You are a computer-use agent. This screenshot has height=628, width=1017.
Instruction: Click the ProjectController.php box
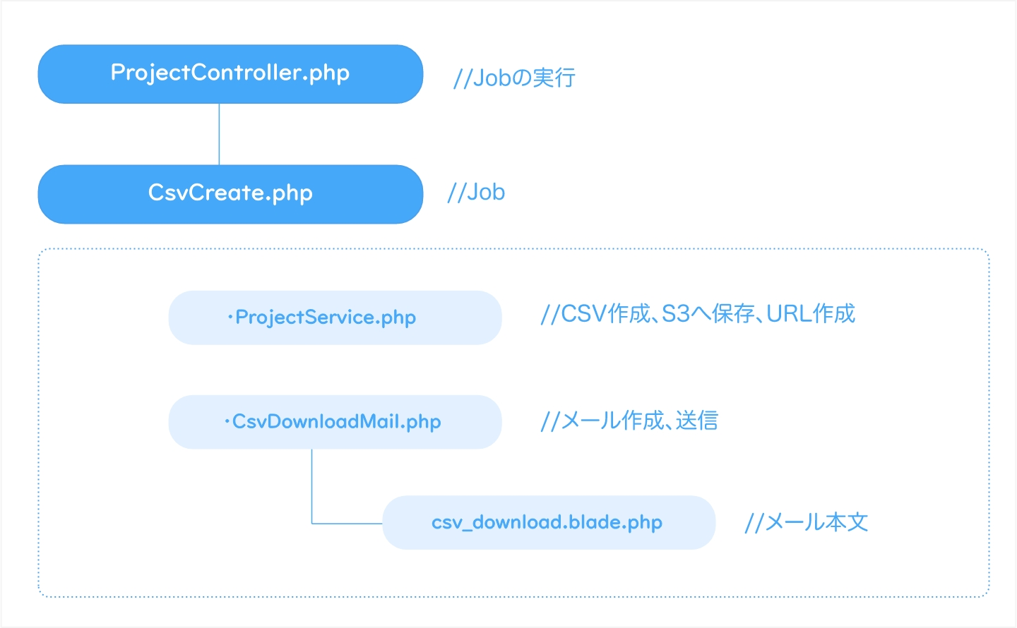230,74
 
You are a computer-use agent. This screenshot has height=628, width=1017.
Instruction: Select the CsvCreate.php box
230,194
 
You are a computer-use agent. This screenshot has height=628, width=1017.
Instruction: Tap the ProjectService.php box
335,318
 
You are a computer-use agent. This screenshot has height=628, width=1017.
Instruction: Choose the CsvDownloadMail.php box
335,422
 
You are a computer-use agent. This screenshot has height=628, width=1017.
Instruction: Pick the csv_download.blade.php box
549,522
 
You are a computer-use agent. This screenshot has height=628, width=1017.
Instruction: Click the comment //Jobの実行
514,78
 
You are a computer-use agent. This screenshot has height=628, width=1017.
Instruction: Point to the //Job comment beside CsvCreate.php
476,193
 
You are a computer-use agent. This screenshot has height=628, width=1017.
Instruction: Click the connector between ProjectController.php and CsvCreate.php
219,134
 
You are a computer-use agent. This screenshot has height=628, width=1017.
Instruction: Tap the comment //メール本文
807,522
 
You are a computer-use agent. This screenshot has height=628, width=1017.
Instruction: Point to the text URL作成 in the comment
811,314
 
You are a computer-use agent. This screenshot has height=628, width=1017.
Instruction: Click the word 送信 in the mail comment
697,421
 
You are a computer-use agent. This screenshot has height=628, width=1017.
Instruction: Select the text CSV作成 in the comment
605,314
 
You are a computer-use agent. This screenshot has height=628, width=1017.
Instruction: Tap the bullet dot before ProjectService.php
230,318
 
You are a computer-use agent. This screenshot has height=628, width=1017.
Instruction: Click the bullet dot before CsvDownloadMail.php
227,422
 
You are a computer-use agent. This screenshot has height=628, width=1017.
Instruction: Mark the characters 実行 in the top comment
554,78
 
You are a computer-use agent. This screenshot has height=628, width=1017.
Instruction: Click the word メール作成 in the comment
612,421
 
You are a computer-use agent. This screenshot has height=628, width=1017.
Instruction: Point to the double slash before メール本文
754,523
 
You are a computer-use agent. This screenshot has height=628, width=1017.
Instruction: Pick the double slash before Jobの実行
463,78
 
